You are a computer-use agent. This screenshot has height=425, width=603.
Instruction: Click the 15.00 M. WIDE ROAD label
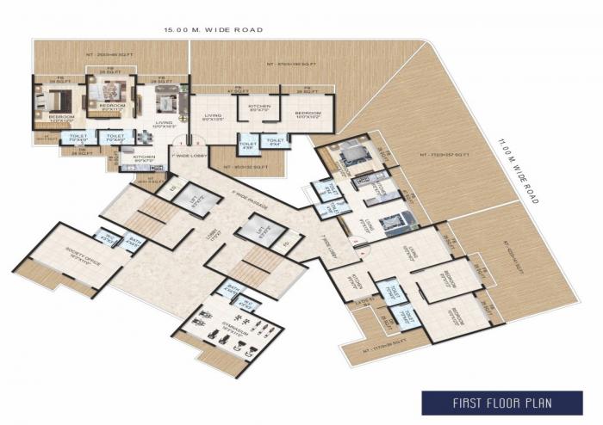214,30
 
